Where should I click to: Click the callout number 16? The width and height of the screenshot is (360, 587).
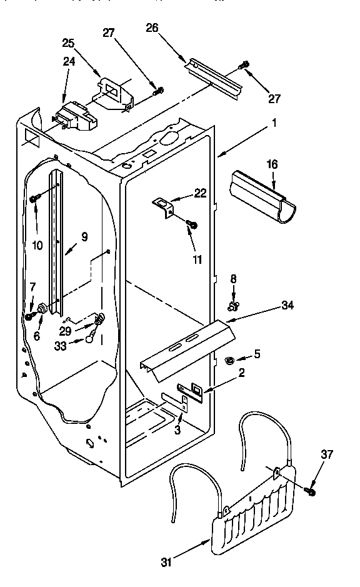click(x=272, y=164)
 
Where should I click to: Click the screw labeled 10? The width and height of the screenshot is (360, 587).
click(x=34, y=199)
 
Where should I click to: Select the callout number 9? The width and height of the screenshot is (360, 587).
click(x=84, y=237)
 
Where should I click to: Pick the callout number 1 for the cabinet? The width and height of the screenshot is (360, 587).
click(x=273, y=123)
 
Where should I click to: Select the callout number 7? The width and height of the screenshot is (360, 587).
click(x=32, y=287)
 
